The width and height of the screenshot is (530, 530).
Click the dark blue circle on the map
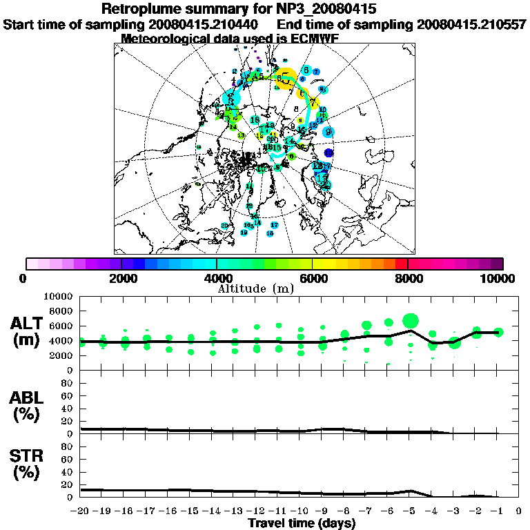(329, 153)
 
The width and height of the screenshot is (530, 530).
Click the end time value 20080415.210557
(471, 24)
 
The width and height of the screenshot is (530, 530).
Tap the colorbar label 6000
(312, 279)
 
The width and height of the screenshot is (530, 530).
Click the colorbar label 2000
(121, 279)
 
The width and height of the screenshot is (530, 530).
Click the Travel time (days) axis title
(302, 524)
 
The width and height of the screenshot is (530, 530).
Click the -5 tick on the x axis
(410, 511)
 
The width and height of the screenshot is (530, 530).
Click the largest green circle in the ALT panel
(411, 320)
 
